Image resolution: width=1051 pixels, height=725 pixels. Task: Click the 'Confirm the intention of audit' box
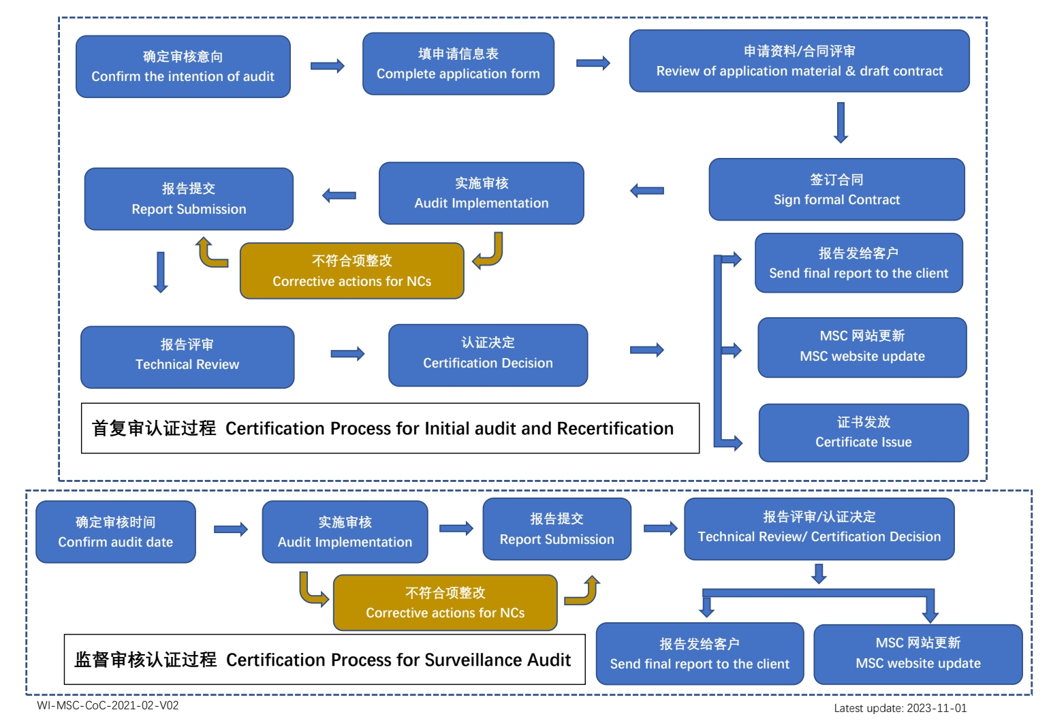[x=183, y=67]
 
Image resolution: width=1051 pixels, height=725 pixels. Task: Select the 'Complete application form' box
[x=458, y=64]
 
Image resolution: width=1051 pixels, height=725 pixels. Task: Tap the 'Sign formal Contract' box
[x=836, y=190]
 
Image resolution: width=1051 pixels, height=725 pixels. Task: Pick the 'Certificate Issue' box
[x=863, y=433]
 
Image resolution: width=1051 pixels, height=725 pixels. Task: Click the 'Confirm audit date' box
[x=115, y=532]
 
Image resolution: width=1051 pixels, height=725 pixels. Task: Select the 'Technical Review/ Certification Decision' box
[x=819, y=529]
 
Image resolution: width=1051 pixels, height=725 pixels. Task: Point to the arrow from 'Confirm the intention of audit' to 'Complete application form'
[x=327, y=66]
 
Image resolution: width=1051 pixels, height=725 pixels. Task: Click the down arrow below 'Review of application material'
[x=841, y=123]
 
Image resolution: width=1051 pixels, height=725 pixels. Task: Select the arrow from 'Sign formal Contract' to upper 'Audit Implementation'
[x=647, y=191]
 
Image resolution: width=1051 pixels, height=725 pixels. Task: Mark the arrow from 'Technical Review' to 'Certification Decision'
[x=347, y=354]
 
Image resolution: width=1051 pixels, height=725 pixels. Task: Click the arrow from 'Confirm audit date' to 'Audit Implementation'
[x=230, y=530]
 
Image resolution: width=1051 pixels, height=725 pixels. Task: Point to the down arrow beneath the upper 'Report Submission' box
[x=161, y=272]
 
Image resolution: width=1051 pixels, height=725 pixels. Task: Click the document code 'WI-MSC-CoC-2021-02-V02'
[x=108, y=706]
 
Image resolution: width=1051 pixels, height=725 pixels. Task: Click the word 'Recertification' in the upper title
[x=615, y=428]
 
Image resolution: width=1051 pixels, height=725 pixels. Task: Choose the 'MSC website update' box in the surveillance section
[x=917, y=654]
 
